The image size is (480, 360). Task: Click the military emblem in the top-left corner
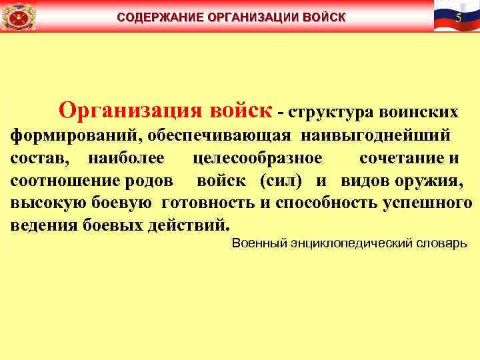(x=19, y=16)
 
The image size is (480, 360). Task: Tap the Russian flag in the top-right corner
(x=453, y=16)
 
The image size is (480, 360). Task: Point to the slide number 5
(x=458, y=17)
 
